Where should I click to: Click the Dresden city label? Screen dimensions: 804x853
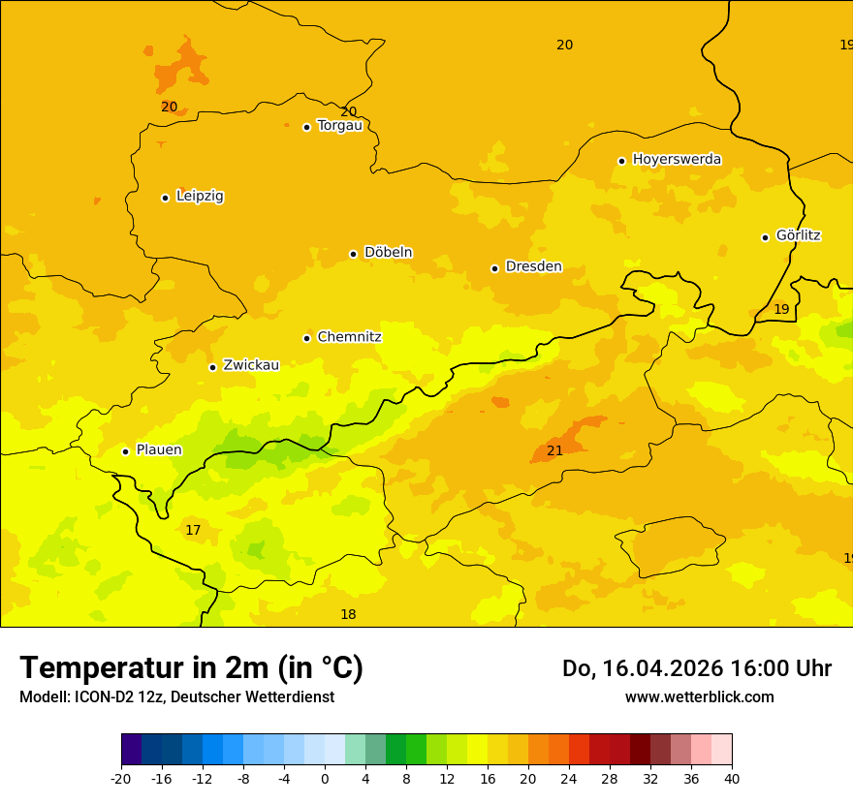pyautogui.click(x=533, y=266)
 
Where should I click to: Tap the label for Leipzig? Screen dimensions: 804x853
pyautogui.click(x=200, y=197)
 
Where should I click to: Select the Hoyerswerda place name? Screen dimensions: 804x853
pyautogui.click(x=677, y=159)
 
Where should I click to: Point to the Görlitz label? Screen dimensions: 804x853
pyautogui.click(x=798, y=235)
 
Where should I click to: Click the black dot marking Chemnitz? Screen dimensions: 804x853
pyautogui.click(x=306, y=338)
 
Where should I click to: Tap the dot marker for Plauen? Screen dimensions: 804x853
pyautogui.click(x=125, y=451)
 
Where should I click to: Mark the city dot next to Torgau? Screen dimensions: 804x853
pyautogui.click(x=306, y=127)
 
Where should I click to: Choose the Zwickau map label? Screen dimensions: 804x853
pyautogui.click(x=251, y=365)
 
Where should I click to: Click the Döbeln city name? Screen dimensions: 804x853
pyautogui.click(x=388, y=253)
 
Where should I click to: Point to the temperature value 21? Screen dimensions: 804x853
pyautogui.click(x=554, y=450)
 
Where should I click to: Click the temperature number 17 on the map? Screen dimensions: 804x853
pyautogui.click(x=193, y=530)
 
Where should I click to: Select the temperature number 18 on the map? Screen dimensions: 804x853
pyautogui.click(x=348, y=614)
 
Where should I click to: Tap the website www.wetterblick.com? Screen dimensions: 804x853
pyautogui.click(x=699, y=696)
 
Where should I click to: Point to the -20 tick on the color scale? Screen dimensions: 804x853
pyautogui.click(x=121, y=778)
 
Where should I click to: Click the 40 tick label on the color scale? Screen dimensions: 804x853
pyautogui.click(x=732, y=778)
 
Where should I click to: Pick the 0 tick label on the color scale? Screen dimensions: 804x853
pyautogui.click(x=325, y=778)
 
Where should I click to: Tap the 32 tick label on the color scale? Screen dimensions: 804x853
pyautogui.click(x=650, y=778)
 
